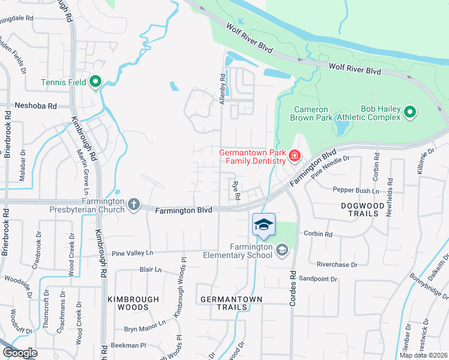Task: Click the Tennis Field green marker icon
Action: [x=95, y=82]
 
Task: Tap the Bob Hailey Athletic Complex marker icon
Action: [x=410, y=112]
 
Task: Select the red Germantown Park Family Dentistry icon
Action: [x=294, y=157]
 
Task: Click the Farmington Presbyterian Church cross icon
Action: [x=133, y=205]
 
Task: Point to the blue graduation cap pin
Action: [x=264, y=225]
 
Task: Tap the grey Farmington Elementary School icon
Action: [x=282, y=248]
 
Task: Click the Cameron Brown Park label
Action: [x=311, y=113]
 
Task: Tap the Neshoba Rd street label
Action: [x=36, y=106]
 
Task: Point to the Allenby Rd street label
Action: [x=222, y=89]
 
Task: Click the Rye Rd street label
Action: [x=236, y=191]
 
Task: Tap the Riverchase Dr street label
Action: [x=337, y=264]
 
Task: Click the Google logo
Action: [x=20, y=353]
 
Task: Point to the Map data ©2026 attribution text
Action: [x=424, y=355]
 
